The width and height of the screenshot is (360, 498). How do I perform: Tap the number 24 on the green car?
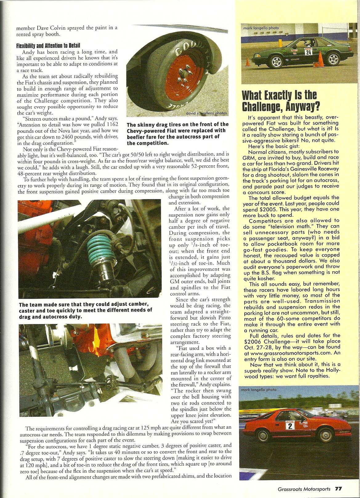click(x=308, y=52)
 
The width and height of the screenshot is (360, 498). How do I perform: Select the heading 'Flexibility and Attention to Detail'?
click(x=48, y=46)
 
